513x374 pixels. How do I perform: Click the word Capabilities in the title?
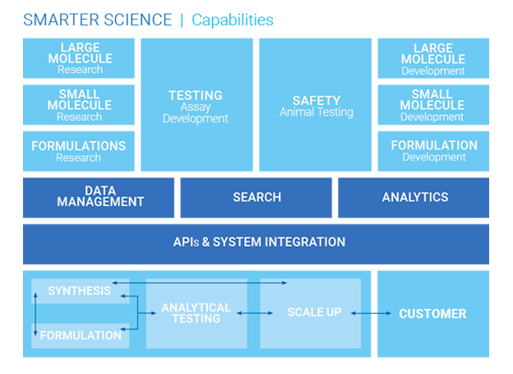coord(233,21)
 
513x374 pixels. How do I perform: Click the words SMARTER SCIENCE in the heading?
coord(98,20)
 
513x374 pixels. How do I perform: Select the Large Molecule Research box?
coord(79,58)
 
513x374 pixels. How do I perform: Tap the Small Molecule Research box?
coord(79,104)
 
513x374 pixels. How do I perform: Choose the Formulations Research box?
coord(79,151)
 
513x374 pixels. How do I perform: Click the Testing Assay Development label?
coord(196,107)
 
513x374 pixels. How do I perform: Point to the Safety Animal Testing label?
coord(317,106)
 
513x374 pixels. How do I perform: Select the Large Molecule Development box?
coord(433,58)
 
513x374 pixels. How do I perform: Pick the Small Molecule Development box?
coord(433,104)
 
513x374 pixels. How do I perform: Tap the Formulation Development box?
coord(433,151)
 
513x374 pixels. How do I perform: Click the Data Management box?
coord(99,197)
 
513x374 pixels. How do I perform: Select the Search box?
coord(256,197)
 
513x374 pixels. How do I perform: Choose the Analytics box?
coord(414,197)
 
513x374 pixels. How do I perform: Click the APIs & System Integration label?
coord(259,242)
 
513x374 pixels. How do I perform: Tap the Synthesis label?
coord(79,290)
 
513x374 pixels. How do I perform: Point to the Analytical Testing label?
coord(196,313)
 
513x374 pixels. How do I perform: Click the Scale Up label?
coord(314,312)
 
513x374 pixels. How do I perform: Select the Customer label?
coord(432,314)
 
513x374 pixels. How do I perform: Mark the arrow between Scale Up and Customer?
coord(371,313)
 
